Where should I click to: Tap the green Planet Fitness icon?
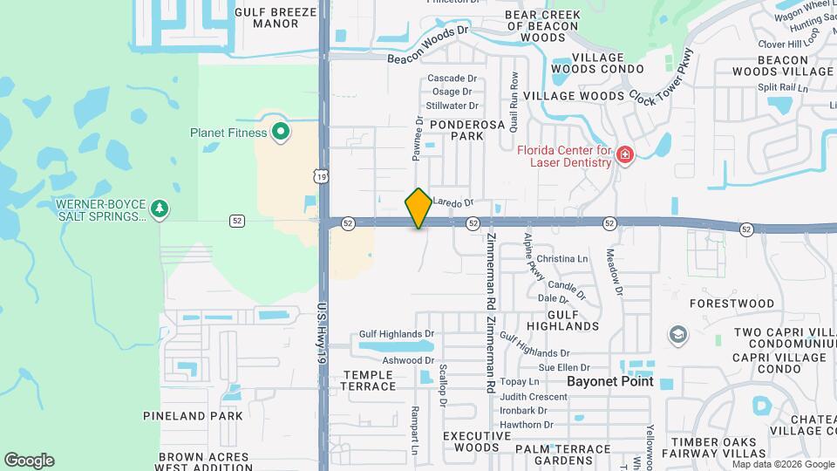point(280,133)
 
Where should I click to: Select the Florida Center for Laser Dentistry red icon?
point(624,155)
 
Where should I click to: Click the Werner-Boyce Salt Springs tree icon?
point(159,209)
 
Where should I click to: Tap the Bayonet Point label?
point(609,382)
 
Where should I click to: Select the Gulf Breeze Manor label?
point(276,17)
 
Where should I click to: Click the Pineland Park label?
point(205,416)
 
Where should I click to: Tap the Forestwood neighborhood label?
point(732,304)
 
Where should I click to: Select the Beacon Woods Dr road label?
point(428,44)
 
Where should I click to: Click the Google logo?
point(29,460)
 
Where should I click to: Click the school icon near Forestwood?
point(677,335)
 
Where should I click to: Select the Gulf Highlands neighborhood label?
point(563,319)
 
